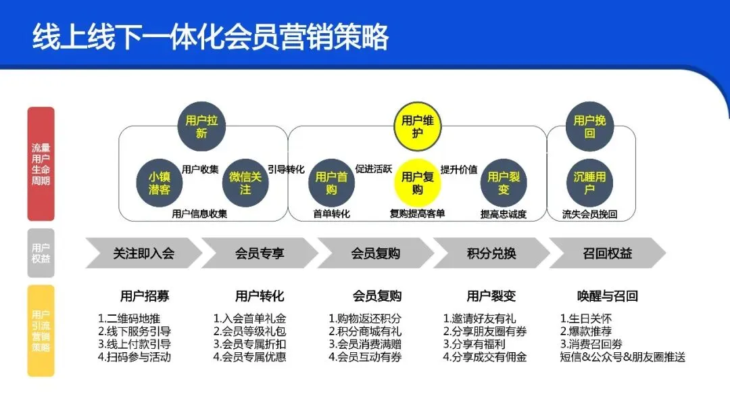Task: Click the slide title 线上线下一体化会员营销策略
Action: (210, 37)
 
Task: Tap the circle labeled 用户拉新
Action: (201, 126)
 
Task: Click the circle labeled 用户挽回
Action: (589, 126)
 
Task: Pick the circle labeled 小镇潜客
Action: (160, 183)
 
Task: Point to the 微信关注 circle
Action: (245, 183)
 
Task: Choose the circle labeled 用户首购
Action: (331, 183)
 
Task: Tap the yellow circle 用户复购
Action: (417, 183)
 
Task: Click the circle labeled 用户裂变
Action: (504, 183)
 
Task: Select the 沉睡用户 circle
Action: (589, 183)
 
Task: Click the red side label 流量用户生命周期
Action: (41, 164)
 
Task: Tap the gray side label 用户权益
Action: (41, 253)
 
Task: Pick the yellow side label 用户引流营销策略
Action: (41, 331)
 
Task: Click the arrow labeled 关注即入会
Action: (143, 253)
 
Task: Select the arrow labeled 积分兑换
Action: (491, 253)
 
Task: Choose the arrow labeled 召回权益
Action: (607, 253)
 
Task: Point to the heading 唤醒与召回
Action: (607, 296)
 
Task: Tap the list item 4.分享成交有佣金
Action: (485, 357)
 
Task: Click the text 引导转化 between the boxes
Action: (286, 169)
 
